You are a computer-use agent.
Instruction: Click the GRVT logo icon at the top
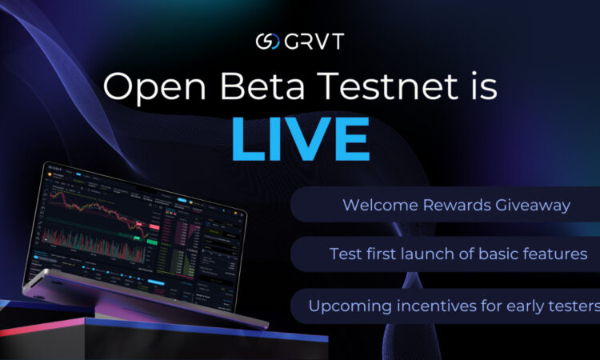266,42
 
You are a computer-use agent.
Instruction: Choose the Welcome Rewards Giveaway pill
444,206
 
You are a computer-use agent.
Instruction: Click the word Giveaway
537,206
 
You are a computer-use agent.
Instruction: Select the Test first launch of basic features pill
444,254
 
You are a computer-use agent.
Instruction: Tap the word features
557,254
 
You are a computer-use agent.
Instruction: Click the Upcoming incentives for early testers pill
445,306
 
